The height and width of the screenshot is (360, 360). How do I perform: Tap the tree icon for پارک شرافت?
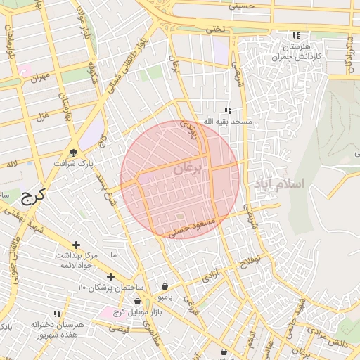coord(73,153)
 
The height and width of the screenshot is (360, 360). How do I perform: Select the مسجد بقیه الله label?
coord(227,122)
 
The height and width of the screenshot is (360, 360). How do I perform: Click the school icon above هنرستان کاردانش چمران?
coord(296,35)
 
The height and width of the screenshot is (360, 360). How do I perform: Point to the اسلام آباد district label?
coord(279,184)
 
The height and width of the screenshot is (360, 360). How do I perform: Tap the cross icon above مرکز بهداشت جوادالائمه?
coord(77,244)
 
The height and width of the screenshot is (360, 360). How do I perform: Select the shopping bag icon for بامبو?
coord(165,286)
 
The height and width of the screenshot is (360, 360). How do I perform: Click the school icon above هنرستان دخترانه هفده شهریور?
coord(57,314)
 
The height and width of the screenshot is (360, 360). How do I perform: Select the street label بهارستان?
coord(67,105)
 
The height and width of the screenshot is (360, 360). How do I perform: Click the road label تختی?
coord(213,30)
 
